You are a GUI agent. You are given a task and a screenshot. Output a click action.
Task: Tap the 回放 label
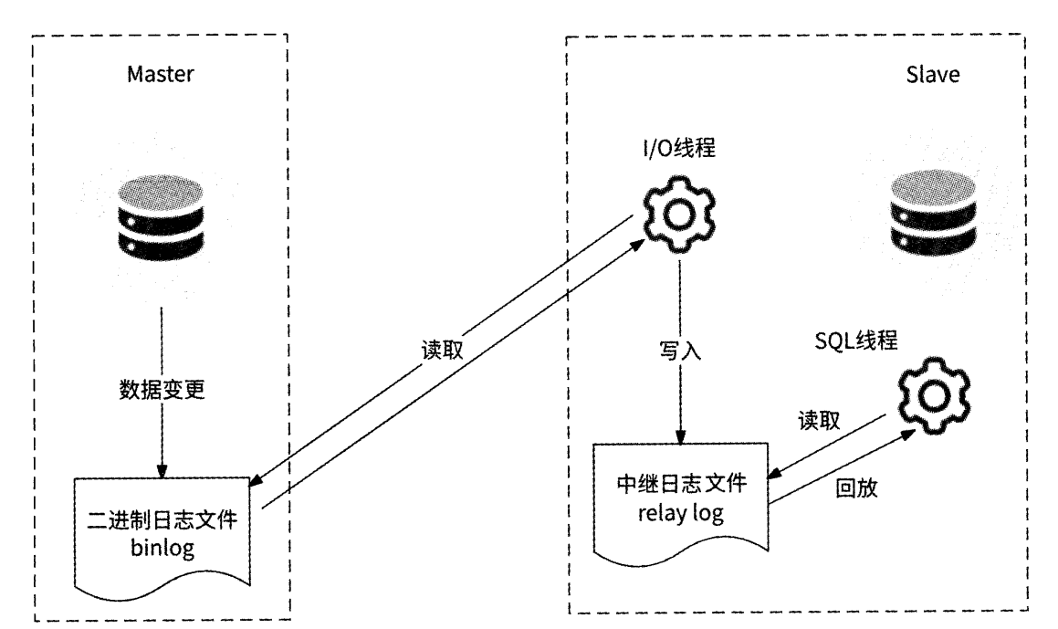[x=857, y=487]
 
